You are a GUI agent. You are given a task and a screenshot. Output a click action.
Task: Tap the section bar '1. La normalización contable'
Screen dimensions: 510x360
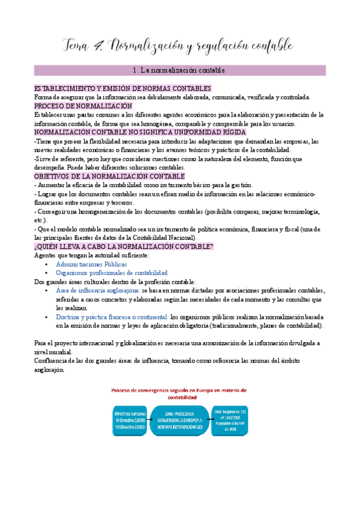[x=180, y=70]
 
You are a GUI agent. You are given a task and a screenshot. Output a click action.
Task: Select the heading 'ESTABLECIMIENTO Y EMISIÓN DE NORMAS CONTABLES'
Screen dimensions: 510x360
[x=123, y=88]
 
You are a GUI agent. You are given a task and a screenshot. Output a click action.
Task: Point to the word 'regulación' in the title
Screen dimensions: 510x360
[x=222, y=46]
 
